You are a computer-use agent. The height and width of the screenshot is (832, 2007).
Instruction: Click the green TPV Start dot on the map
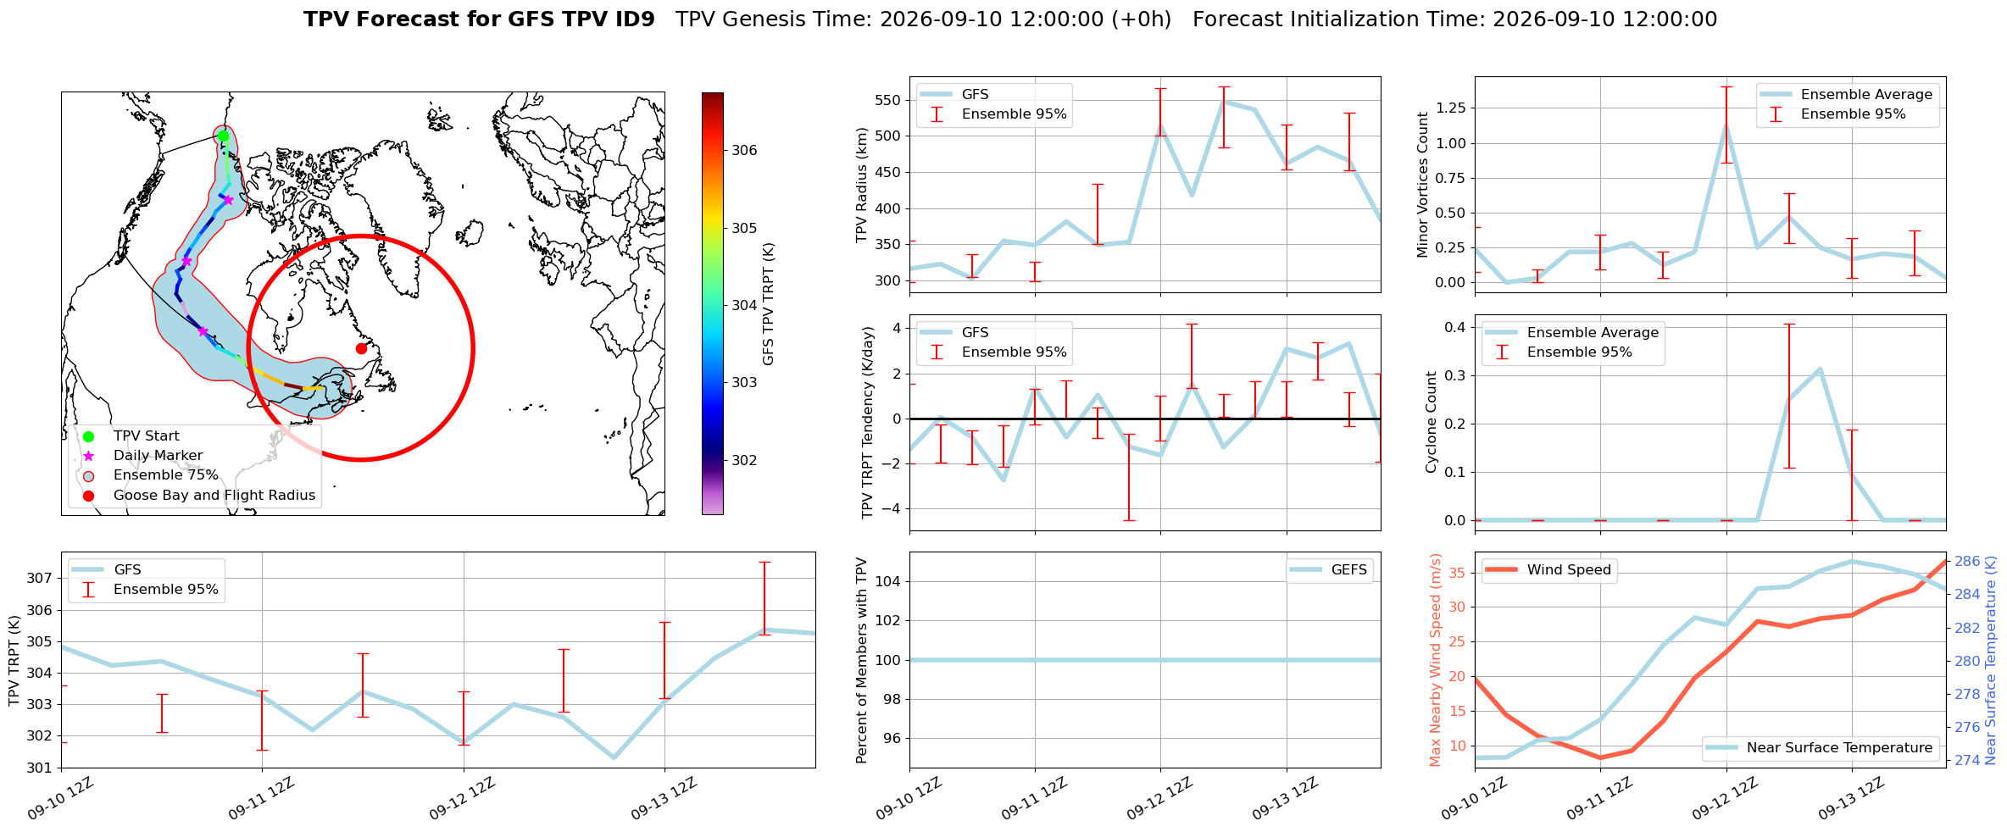point(223,136)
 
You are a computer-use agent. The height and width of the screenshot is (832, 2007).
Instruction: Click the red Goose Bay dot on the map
point(361,348)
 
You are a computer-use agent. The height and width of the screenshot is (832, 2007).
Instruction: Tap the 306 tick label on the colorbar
point(744,151)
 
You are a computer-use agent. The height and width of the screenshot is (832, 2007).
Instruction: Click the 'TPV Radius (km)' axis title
point(863,185)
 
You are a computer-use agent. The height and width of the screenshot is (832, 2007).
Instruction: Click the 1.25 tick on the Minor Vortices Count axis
point(1450,108)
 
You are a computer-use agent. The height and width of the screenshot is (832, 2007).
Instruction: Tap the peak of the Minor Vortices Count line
point(1726,125)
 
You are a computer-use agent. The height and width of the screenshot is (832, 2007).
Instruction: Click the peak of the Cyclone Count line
point(1820,369)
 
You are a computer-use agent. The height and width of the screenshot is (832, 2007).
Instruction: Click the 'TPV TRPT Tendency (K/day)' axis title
point(867,424)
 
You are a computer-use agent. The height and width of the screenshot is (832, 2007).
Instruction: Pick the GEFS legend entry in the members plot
point(1330,570)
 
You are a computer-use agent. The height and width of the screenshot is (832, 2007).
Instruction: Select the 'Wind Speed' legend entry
point(1549,570)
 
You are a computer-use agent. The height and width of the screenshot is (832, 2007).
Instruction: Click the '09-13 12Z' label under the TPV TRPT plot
point(664,798)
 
